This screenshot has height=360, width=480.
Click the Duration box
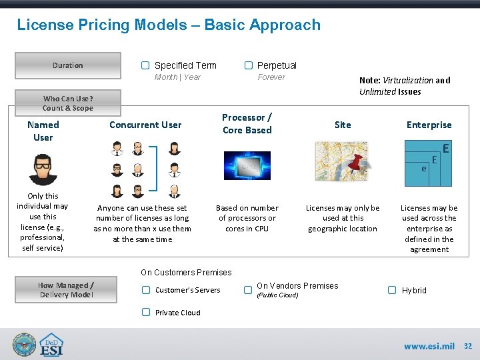coord(68,65)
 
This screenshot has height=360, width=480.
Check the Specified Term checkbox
coord(145,65)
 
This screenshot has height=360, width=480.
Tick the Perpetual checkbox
coord(248,65)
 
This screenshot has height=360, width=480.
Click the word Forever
coord(271,77)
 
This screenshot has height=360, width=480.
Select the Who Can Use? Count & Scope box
coord(68,103)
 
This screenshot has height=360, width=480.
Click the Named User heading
coord(43,131)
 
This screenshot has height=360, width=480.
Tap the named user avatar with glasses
coord(43,169)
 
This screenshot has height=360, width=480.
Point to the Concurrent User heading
coord(145,125)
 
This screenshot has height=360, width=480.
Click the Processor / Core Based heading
coord(247,124)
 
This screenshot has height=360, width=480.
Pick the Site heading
coord(343,125)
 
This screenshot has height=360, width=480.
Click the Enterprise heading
coord(429,125)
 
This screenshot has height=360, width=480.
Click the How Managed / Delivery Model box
coord(67,290)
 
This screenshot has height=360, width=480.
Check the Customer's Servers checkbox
coord(145,290)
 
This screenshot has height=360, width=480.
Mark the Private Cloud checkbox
coord(145,313)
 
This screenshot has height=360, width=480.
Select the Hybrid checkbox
coord(392,290)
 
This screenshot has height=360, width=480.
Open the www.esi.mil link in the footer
coord(429,346)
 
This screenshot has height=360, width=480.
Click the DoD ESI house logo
coord(51,345)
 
